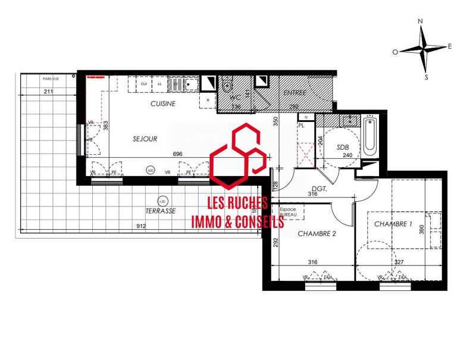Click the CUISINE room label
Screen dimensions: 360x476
[x=162, y=104]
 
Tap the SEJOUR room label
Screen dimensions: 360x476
[x=145, y=139]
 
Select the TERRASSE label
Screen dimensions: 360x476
[x=161, y=211]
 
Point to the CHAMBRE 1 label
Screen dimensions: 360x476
[x=393, y=224]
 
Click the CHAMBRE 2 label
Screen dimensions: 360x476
[x=317, y=234]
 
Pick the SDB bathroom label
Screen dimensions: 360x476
[x=343, y=147]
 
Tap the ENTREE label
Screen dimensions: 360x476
[x=295, y=92]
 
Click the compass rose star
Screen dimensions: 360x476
[x=423, y=49]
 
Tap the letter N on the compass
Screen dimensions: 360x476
[x=421, y=21]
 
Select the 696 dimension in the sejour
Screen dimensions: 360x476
[x=177, y=154]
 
